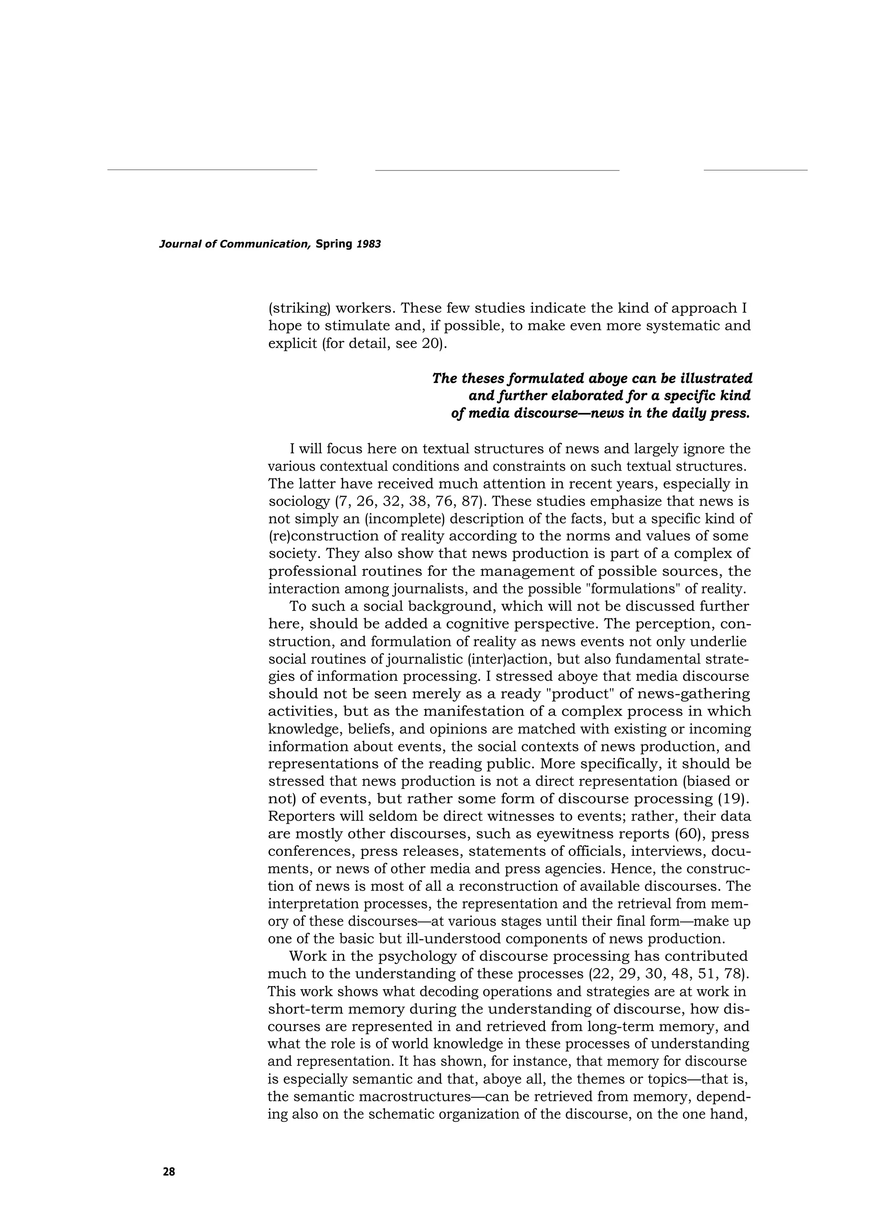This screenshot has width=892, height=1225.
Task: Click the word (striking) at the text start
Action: (299, 309)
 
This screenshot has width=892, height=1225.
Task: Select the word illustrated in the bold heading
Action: (712, 378)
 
